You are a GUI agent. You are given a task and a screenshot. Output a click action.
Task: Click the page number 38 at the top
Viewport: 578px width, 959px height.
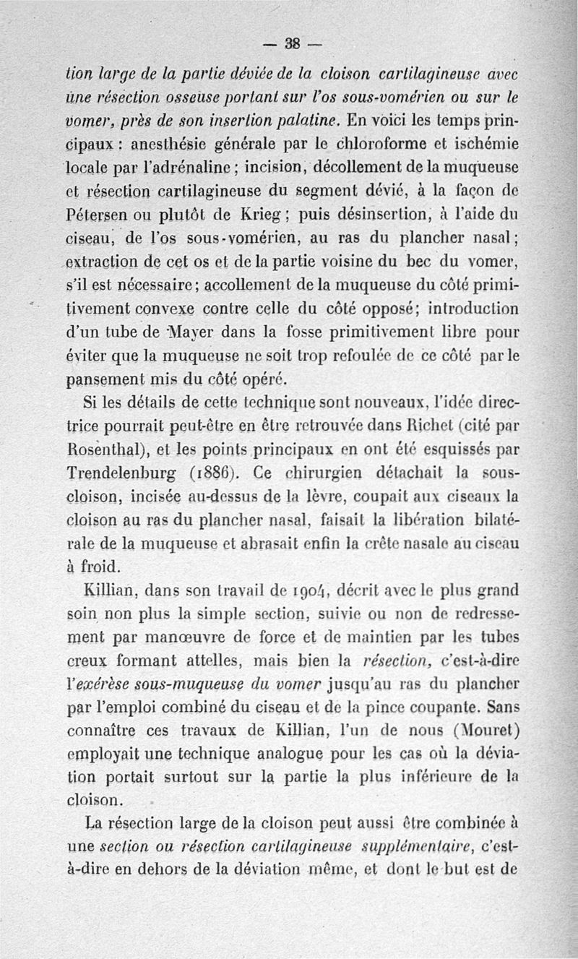tap(293, 42)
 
